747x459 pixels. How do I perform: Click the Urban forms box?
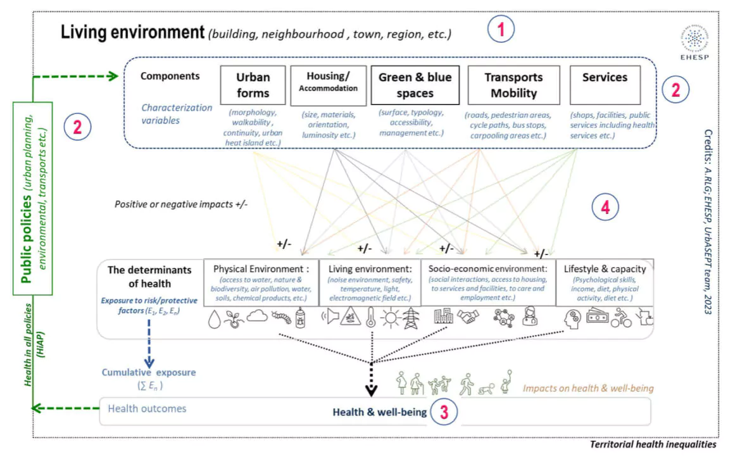(x=253, y=85)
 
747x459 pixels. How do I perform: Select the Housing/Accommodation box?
(x=328, y=84)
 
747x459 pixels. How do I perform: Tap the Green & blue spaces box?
(x=415, y=85)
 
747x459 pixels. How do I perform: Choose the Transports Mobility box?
(x=513, y=85)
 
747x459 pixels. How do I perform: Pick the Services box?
(x=605, y=85)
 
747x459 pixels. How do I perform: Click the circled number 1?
(x=501, y=30)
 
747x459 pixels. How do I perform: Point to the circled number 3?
(x=444, y=412)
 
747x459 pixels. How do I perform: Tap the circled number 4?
(x=605, y=208)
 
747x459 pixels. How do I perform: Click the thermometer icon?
(x=371, y=317)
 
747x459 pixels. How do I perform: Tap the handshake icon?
(x=468, y=317)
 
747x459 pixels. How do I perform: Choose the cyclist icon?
(x=621, y=317)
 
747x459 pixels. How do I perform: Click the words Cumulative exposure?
(x=148, y=373)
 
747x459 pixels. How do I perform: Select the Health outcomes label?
(x=147, y=408)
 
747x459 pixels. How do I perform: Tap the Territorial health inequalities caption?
(x=653, y=444)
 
